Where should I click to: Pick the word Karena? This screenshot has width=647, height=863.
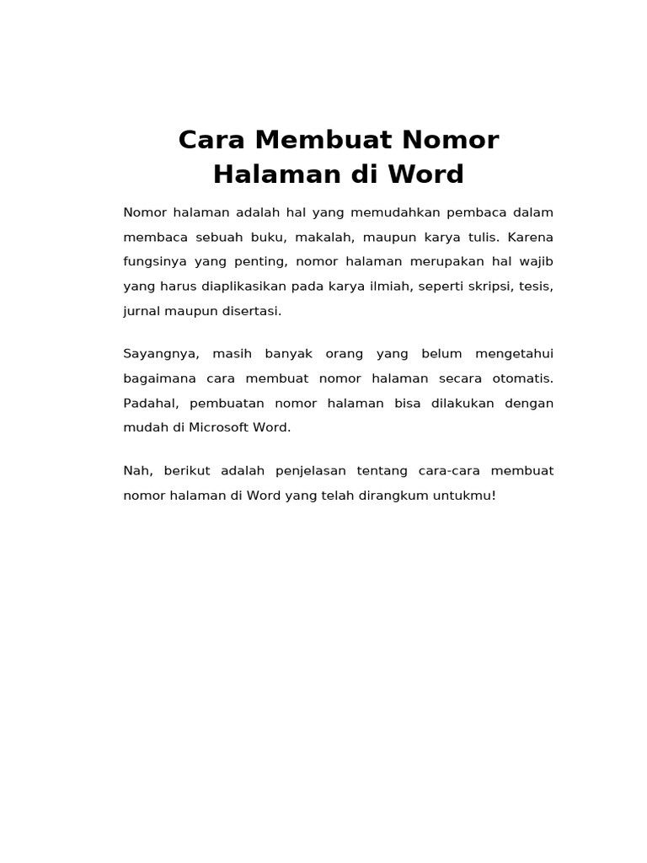click(x=530, y=237)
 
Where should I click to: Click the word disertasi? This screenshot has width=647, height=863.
click(x=250, y=311)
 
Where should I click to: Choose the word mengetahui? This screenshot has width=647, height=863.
click(x=514, y=353)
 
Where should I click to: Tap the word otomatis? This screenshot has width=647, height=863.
click(x=522, y=378)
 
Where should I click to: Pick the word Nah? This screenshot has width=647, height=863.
click(x=136, y=470)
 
